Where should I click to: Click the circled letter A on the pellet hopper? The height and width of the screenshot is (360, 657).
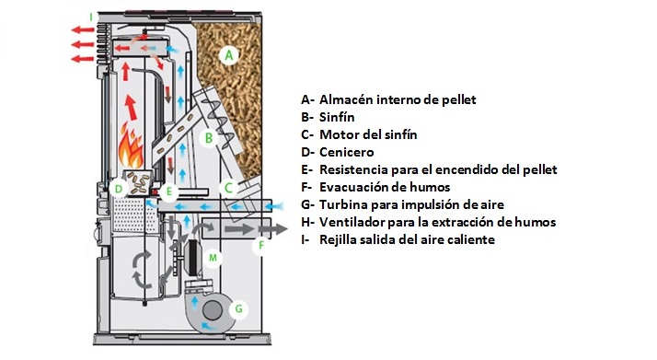click(229, 55)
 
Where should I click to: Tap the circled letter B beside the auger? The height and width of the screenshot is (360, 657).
click(209, 137)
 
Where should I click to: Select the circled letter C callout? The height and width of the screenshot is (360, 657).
click(228, 188)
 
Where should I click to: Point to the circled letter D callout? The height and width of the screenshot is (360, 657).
click(119, 189)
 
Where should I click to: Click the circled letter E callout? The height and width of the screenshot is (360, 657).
click(169, 192)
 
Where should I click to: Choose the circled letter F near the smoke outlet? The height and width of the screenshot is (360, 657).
click(261, 245)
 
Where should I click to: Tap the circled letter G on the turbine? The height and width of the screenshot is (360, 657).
click(239, 308)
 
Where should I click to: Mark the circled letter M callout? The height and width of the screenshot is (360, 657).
click(213, 257)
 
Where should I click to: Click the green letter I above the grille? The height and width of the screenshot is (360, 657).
click(91, 17)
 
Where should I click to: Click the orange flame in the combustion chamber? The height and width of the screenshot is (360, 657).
click(132, 147)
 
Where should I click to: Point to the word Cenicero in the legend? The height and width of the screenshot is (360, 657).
click(347, 152)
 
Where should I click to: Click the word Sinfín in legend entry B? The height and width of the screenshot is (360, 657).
click(337, 117)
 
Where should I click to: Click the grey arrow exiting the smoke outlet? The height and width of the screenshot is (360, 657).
click(272, 229)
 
